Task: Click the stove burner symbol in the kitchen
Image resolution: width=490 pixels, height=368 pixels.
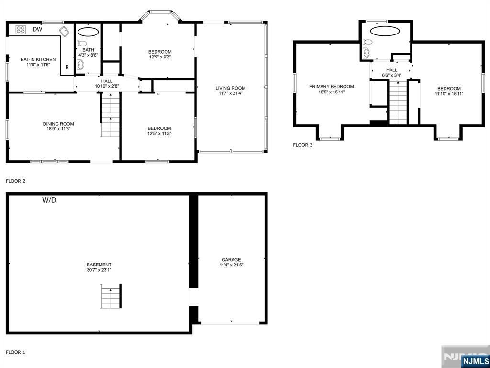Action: pos(21,30)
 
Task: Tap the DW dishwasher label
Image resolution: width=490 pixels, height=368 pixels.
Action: pos(37,29)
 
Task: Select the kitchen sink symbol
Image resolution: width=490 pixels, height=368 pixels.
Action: pos(65,32)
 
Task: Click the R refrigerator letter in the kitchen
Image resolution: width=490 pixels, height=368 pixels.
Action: pos(67,67)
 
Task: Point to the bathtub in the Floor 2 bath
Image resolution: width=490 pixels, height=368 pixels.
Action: pos(88,32)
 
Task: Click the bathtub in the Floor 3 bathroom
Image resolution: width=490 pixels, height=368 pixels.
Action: pos(385,31)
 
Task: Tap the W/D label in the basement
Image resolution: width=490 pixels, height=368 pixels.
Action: pos(49,200)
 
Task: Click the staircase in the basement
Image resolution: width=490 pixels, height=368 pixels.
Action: pos(111,296)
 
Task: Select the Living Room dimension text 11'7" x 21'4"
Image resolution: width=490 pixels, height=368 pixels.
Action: pos(230,93)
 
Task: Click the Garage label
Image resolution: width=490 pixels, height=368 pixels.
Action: pos(231,259)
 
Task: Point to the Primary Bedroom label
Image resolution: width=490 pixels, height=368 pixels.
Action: pos(332,87)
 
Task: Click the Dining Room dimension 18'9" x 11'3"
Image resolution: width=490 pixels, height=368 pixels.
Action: pos(58,128)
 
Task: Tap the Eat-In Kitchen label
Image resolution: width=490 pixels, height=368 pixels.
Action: pos(38,59)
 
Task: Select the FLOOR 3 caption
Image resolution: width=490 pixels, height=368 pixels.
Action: pos(302,145)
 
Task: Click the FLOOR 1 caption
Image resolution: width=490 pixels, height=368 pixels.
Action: pos(15,352)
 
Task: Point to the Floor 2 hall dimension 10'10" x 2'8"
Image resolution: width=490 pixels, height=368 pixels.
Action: pos(107,86)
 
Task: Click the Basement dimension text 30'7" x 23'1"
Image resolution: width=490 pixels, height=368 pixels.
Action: pos(99,269)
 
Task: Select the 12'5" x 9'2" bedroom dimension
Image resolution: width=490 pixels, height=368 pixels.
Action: pos(160,57)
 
